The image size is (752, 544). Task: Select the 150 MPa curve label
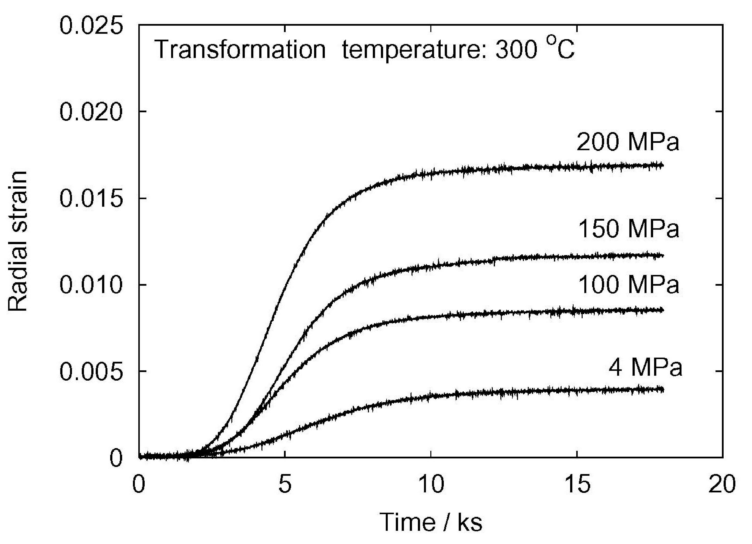click(629, 229)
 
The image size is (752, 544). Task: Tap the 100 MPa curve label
click(629, 285)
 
